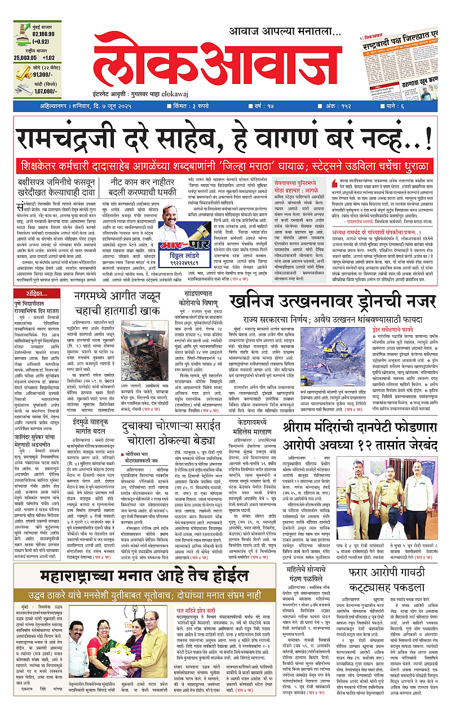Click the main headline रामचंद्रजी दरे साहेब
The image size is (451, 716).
(x=223, y=139)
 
